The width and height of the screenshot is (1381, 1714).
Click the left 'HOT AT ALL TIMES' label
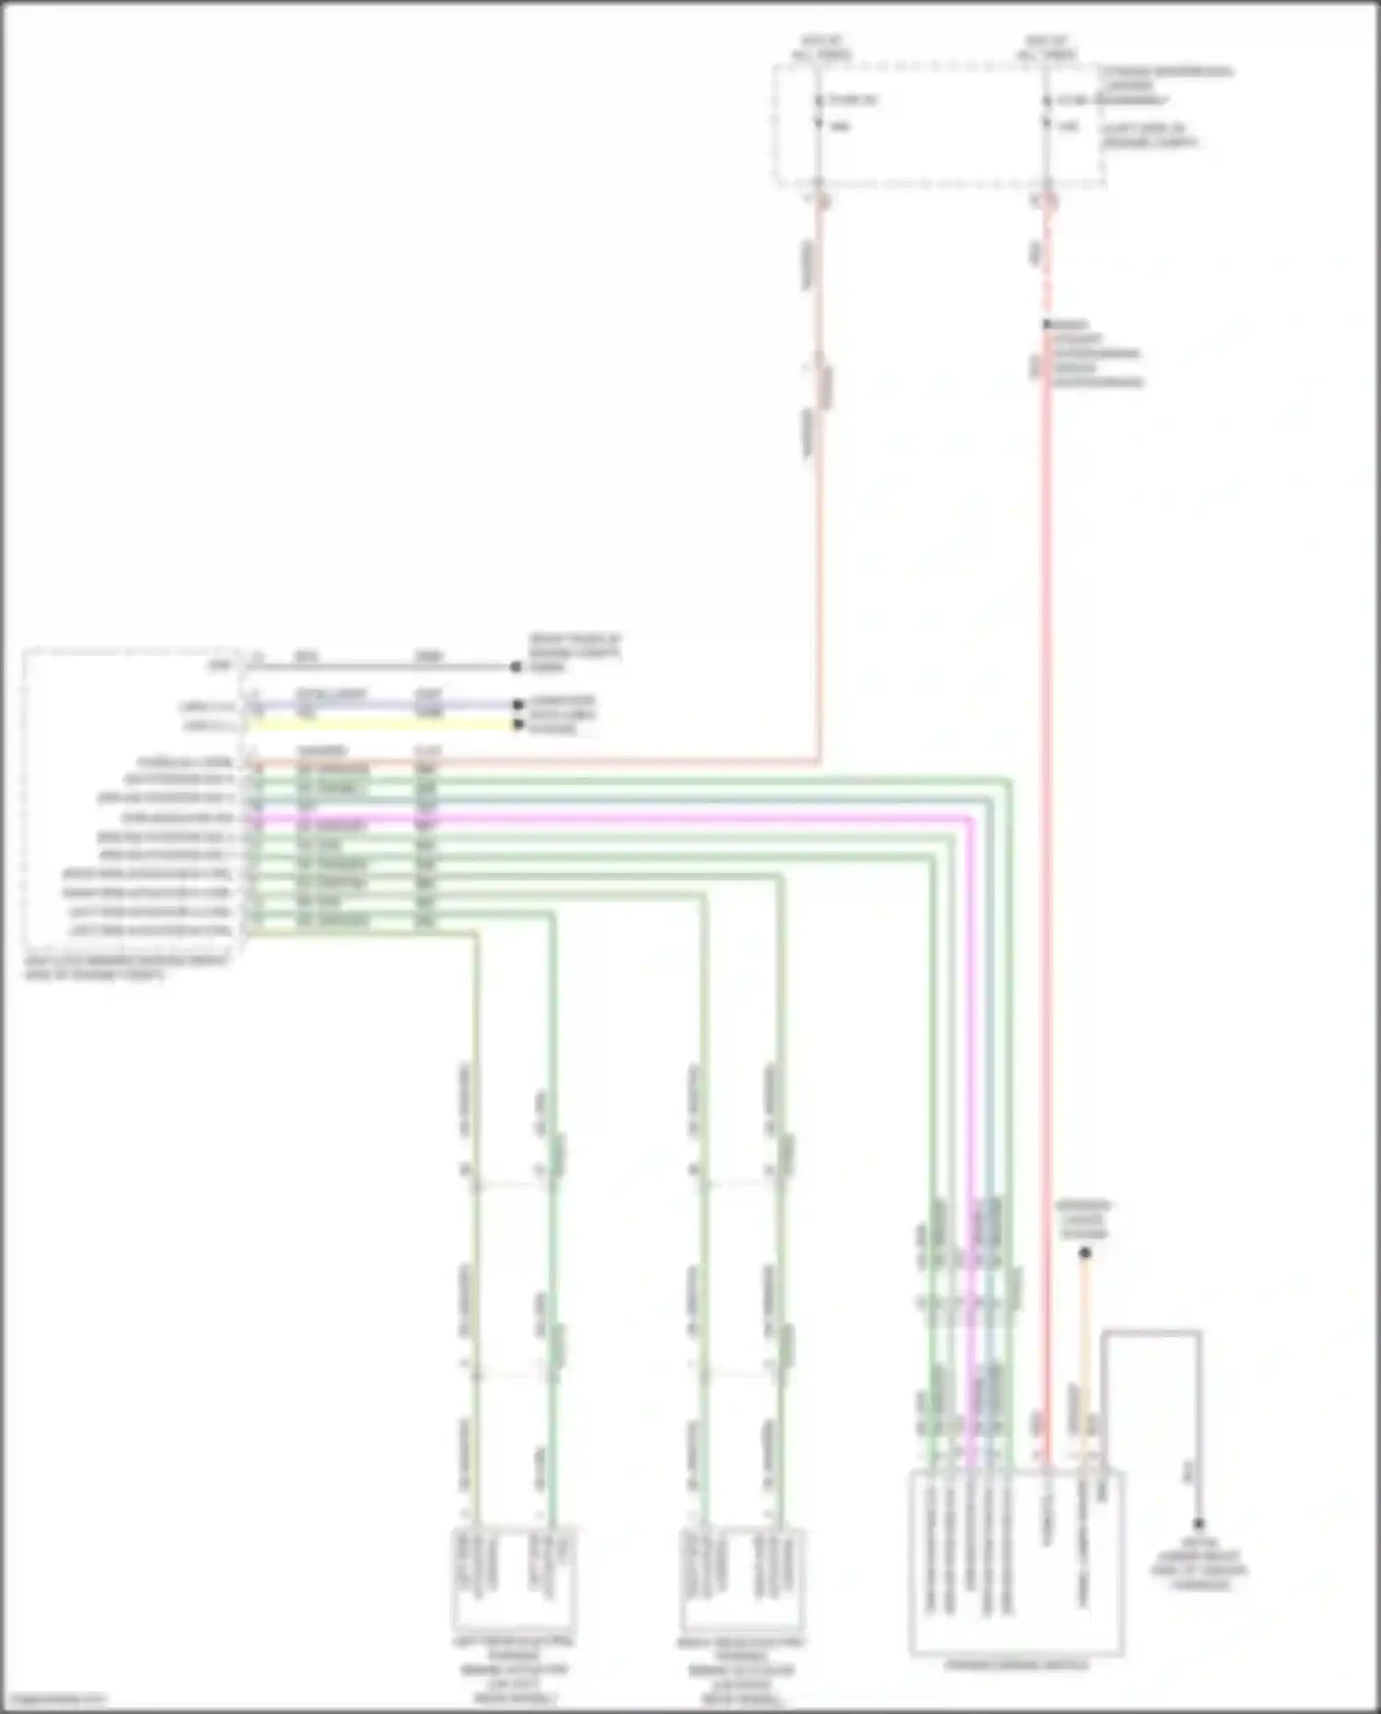tap(821, 48)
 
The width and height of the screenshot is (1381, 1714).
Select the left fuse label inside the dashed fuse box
tap(852, 99)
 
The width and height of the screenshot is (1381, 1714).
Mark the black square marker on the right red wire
tap(1047, 325)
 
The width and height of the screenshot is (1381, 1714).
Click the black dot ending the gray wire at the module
tap(516, 667)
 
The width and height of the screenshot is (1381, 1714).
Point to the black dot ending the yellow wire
tap(517, 725)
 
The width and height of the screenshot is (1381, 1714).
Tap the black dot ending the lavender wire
tap(517, 705)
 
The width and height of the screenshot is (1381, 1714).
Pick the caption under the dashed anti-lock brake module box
tap(124, 966)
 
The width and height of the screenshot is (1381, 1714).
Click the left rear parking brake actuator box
tap(514, 1579)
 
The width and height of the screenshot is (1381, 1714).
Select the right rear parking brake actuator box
tap(742, 1579)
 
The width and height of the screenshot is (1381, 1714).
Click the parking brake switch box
tap(1015, 1562)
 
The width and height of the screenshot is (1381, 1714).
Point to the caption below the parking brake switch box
tap(1016, 1665)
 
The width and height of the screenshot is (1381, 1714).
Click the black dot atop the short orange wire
tap(1085, 1253)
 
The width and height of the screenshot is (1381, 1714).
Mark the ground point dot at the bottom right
tap(1199, 1524)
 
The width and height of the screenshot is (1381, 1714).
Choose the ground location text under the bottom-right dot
tap(1199, 1563)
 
